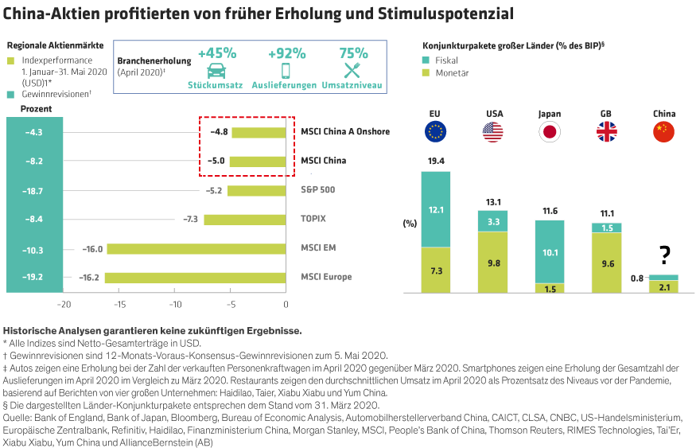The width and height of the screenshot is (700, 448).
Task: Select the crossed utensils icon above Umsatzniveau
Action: [353, 70]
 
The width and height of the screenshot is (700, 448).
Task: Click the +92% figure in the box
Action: [286, 53]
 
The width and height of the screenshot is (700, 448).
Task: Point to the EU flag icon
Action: [435, 132]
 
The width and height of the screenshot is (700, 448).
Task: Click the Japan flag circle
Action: [550, 132]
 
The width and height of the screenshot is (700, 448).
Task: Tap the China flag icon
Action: [663, 132]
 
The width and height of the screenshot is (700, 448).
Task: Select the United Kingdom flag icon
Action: [606, 132]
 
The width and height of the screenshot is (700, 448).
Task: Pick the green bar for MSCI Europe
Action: [195, 277]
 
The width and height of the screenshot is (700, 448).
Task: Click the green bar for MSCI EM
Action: [196, 248]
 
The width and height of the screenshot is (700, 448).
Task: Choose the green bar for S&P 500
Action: [256, 191]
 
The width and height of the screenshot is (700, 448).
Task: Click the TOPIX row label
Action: [313, 219]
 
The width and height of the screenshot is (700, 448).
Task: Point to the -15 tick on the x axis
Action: [119, 303]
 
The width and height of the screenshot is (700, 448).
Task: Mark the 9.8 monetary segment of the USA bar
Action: [493, 263]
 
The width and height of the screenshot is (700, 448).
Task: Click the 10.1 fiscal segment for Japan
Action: [550, 252]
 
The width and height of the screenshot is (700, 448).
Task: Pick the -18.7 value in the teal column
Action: [33, 191]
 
